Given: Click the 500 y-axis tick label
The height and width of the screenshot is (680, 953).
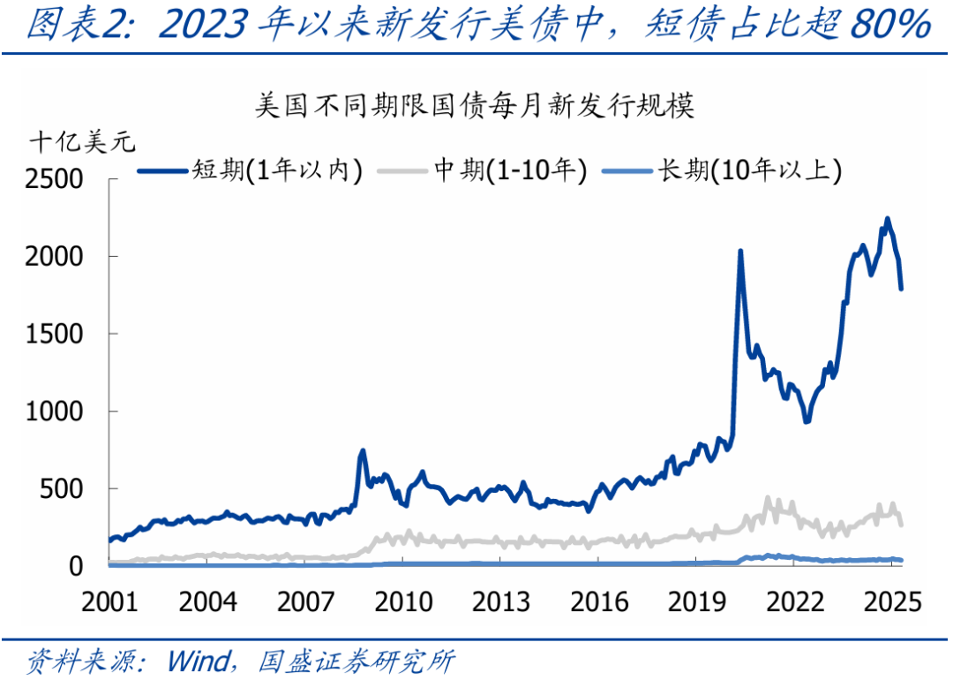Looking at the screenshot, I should click(x=66, y=489).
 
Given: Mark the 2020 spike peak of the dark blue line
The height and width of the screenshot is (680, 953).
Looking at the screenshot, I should click(x=739, y=252).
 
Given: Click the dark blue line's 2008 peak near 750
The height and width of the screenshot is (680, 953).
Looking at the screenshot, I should click(x=362, y=451).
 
